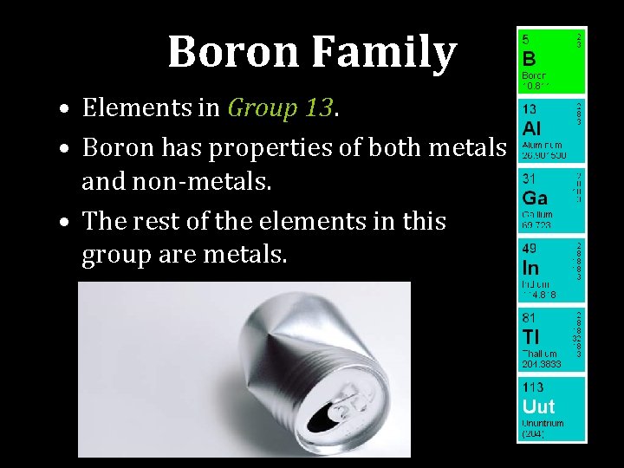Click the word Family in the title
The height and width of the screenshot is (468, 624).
pos(382,54)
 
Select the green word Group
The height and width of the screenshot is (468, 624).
pos(261,109)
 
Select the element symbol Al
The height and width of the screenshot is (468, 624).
pos(530,128)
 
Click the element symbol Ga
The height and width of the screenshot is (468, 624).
pos(534,198)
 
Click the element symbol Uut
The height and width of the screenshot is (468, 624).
pos(537,406)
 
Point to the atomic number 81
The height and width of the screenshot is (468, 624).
pos(528,318)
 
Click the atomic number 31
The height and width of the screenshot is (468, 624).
pos(528,179)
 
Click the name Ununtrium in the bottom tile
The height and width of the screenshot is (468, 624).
pos(543,423)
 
